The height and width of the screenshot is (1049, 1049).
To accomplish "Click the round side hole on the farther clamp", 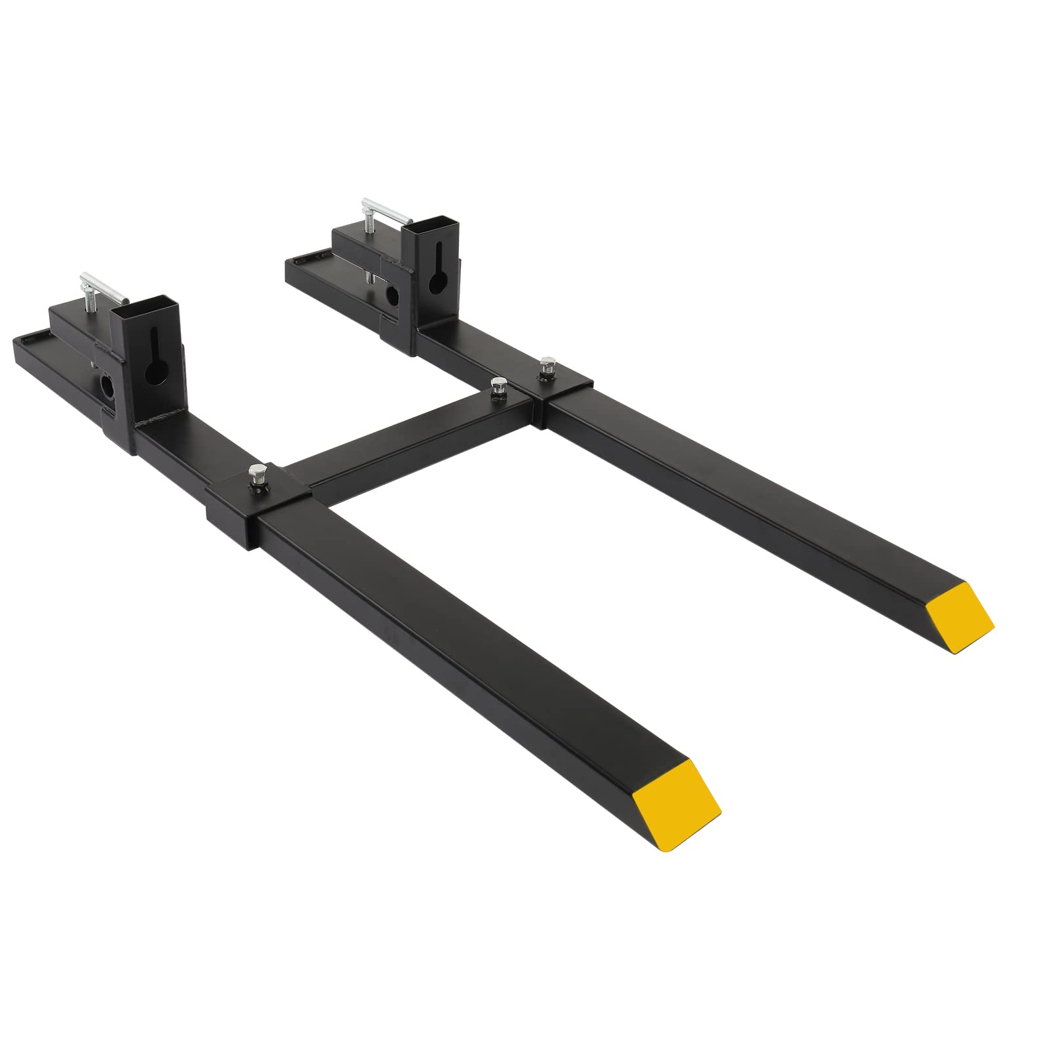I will [x=393, y=296].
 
